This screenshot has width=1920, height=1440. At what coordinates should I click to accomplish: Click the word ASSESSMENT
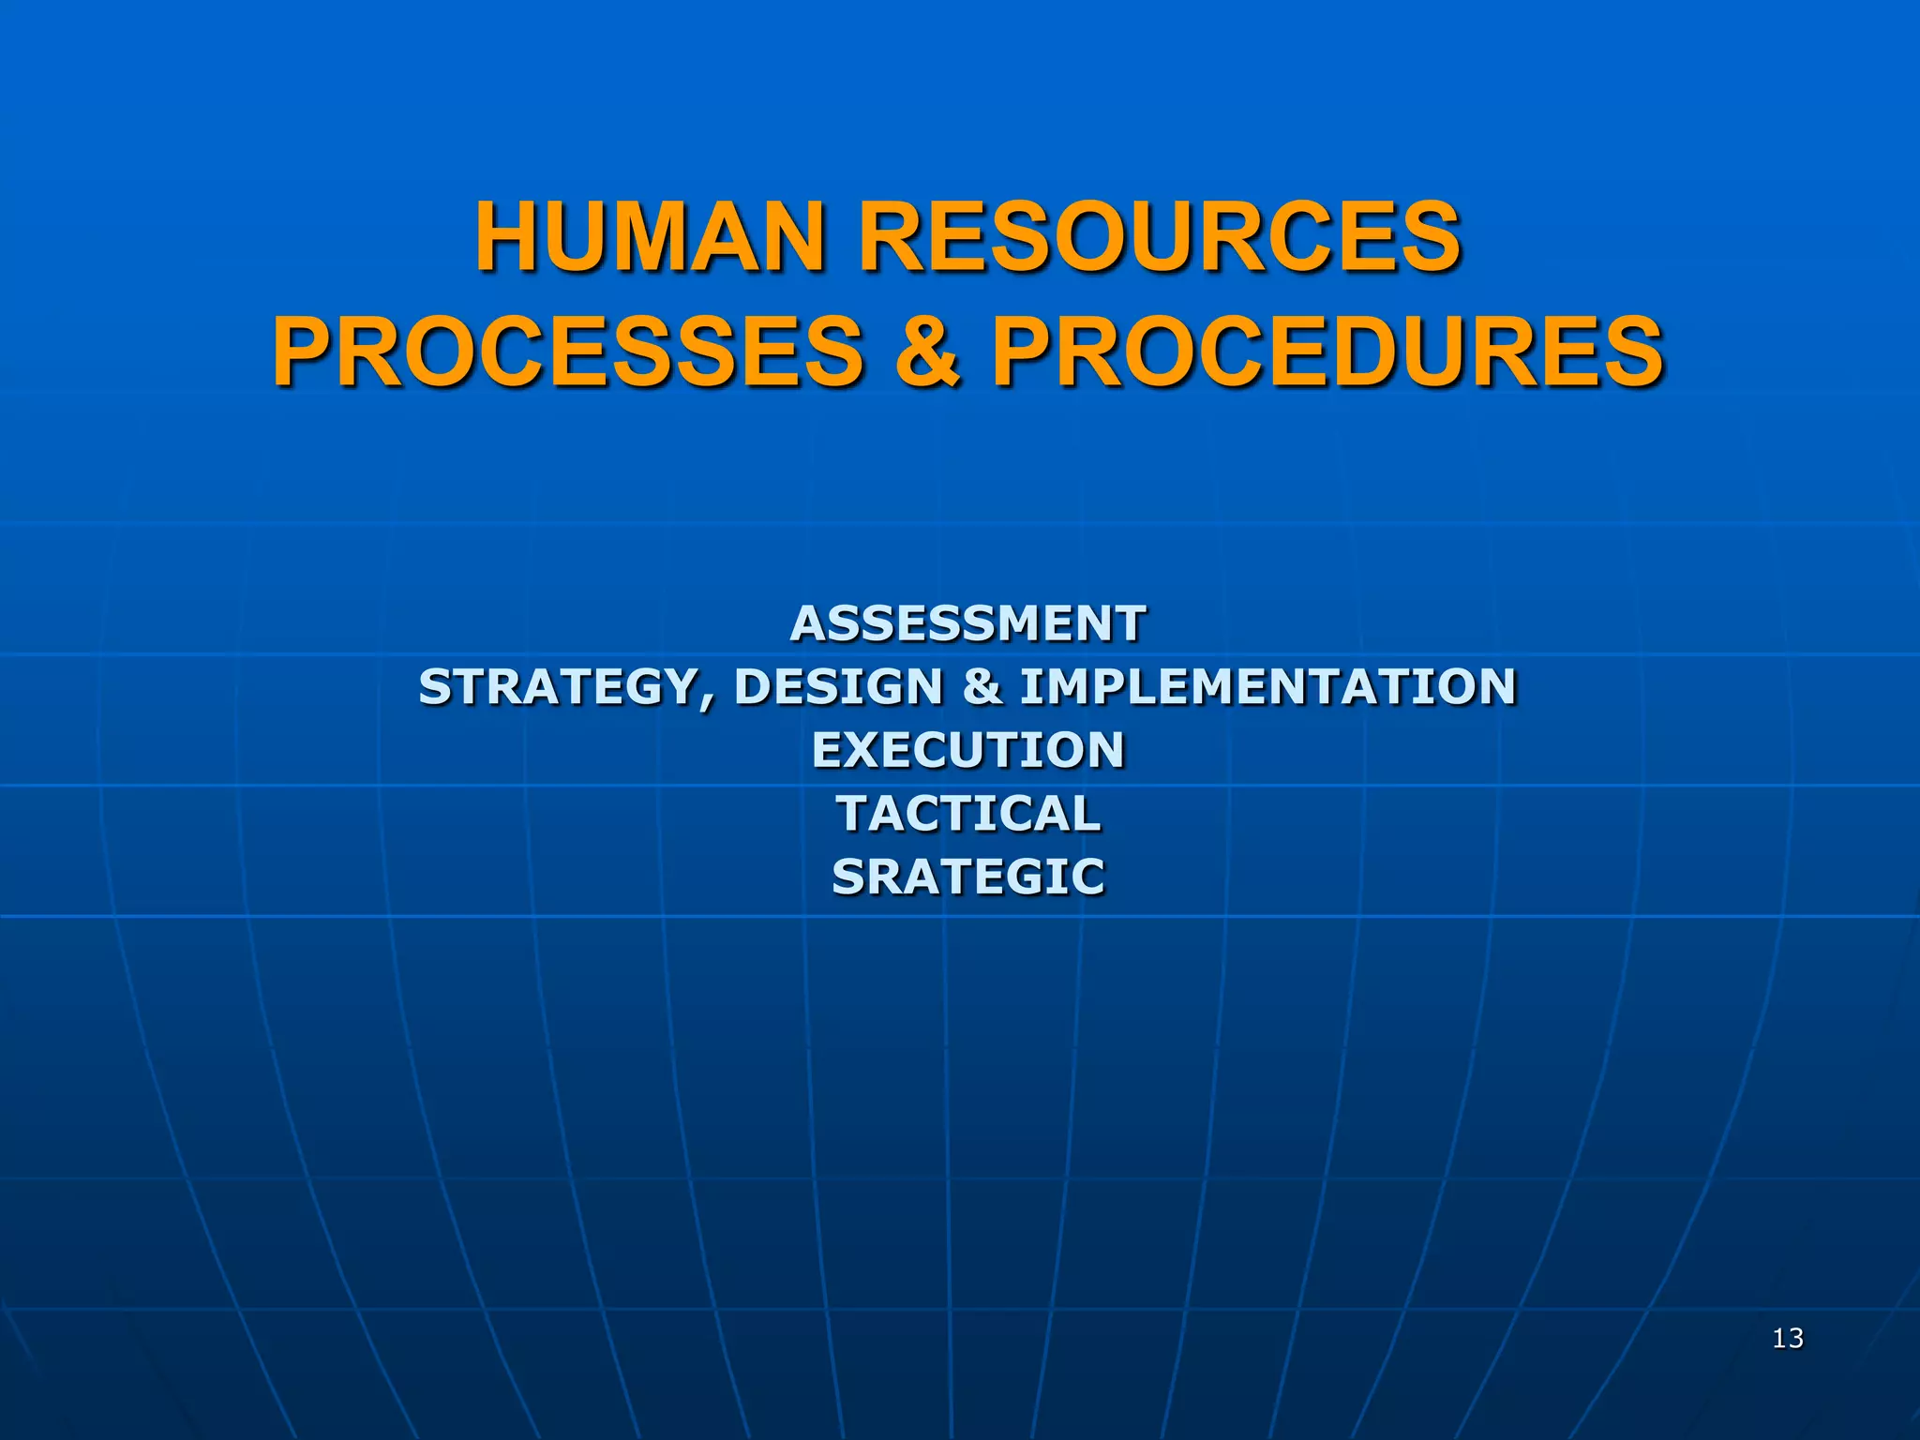(x=967, y=624)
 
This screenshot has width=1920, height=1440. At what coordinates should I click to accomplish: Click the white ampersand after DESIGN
(x=982, y=687)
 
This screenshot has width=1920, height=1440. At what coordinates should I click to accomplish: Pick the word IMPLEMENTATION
(x=1267, y=687)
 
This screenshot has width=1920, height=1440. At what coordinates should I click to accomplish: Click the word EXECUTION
(x=967, y=750)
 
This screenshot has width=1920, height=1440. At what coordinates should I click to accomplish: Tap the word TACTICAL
(x=968, y=814)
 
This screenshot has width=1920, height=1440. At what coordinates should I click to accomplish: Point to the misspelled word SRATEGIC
(x=968, y=877)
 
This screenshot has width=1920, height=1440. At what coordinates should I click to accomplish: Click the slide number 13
(x=1788, y=1339)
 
